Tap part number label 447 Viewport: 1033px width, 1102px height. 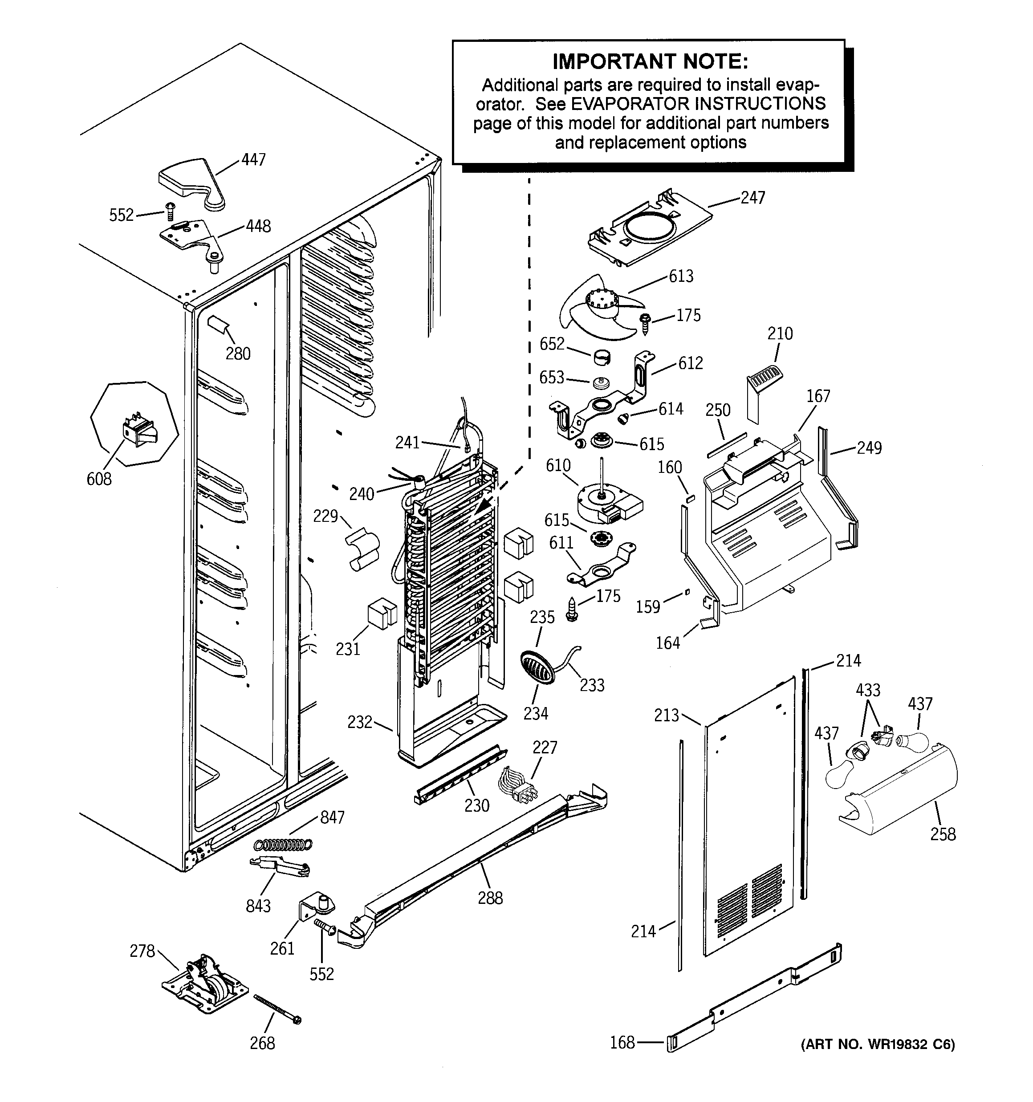click(x=253, y=160)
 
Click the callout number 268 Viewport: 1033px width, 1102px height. click(x=262, y=1043)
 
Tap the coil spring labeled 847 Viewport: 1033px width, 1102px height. click(x=283, y=844)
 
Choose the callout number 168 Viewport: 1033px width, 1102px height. click(x=622, y=1043)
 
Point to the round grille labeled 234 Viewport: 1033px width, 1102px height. click(x=536, y=668)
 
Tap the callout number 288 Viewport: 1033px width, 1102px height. click(x=490, y=898)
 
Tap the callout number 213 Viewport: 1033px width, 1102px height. click(x=666, y=715)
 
